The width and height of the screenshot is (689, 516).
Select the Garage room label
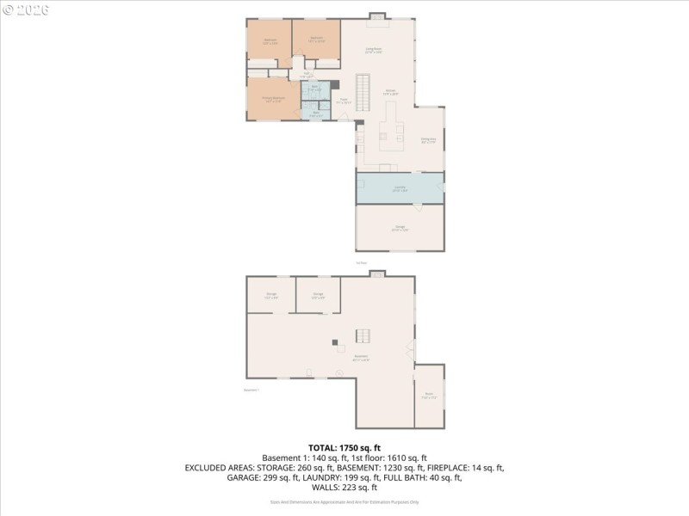(400, 227)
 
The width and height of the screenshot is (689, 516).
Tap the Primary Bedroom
(273, 99)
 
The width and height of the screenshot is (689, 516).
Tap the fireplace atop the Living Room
(377, 15)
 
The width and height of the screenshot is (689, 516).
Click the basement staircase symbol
(365, 336)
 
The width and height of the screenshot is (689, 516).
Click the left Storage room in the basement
(270, 295)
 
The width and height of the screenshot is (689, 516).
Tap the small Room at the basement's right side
(429, 396)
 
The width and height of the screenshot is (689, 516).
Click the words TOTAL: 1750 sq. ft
(344, 448)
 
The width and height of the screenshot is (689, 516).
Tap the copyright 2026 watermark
(26, 9)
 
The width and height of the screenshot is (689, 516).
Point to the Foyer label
(342, 101)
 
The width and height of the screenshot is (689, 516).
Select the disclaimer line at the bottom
(344, 501)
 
